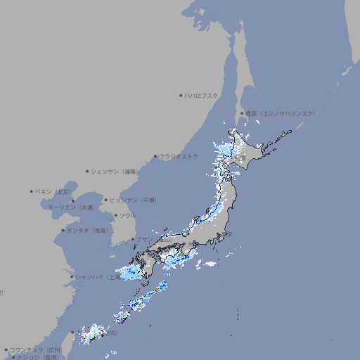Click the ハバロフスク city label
(x=202, y=95)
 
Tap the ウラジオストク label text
(x=179, y=156)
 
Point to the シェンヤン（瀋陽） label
(x=115, y=171)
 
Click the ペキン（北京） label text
(x=54, y=191)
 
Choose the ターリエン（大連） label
(x=71, y=207)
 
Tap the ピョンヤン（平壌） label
(x=133, y=200)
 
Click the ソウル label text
(x=127, y=215)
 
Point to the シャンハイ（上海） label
(x=97, y=277)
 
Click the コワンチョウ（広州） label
(x=35, y=349)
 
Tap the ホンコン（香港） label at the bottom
(x=37, y=357)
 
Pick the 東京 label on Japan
(x=229, y=234)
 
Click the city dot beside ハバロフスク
(x=181, y=95)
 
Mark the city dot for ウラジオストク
(x=155, y=156)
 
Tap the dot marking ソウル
(x=115, y=215)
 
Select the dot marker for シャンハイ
(x=72, y=277)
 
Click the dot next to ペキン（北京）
(x=32, y=191)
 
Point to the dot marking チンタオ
(x=63, y=230)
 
